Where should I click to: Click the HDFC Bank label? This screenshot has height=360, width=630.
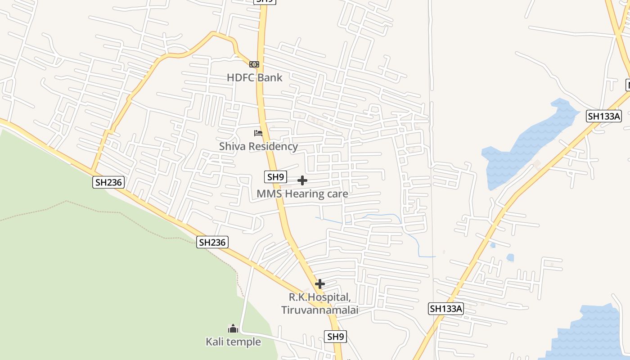(x=254, y=77)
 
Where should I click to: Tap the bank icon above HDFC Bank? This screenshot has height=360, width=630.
(x=254, y=64)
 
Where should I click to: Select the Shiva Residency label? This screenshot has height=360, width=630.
(x=258, y=146)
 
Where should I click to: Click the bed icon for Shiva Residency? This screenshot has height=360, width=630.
(x=258, y=133)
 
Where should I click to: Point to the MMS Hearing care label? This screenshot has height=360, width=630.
(x=302, y=194)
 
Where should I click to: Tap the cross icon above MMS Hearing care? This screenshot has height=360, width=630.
(x=302, y=180)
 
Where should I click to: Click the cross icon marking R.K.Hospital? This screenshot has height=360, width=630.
(x=320, y=284)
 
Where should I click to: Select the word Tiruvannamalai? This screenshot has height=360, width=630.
(x=319, y=310)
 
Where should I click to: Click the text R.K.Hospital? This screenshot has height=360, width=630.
(x=319, y=297)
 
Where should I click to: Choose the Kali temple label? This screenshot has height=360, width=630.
(x=233, y=342)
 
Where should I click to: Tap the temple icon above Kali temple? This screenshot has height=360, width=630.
(x=233, y=328)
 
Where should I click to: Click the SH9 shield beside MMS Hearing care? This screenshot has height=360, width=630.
(x=275, y=177)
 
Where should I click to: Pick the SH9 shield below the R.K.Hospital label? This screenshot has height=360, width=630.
(x=335, y=337)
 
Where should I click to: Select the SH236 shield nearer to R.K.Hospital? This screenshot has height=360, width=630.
(x=213, y=242)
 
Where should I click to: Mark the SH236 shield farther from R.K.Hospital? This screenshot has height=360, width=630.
(x=108, y=182)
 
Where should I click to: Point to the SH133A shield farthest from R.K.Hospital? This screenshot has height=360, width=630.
(x=604, y=116)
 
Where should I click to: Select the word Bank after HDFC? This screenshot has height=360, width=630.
(x=270, y=77)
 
